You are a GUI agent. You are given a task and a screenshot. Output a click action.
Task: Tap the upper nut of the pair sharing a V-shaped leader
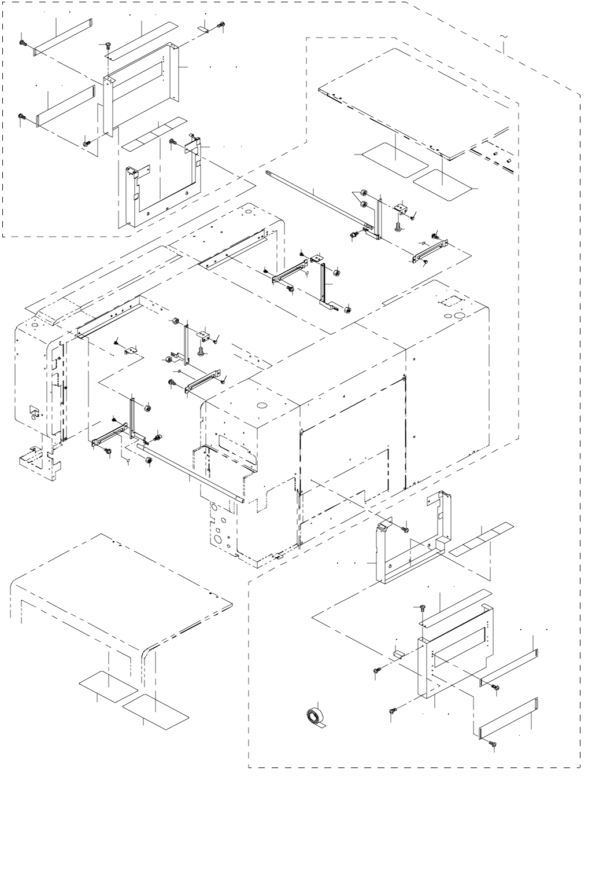click(x=364, y=192)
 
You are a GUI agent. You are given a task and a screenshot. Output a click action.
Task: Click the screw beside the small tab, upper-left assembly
click(x=221, y=25)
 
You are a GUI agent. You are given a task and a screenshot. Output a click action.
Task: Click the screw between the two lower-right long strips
click(x=495, y=687)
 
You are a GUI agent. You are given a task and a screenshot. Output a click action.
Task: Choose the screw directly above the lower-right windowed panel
click(x=422, y=608)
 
